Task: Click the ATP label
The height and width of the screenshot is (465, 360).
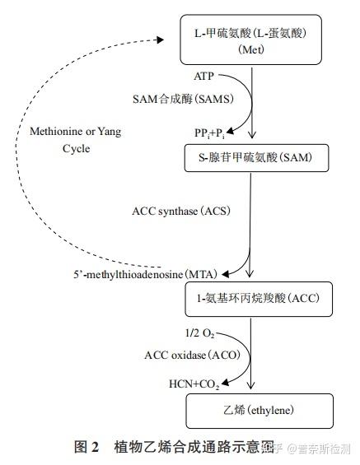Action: [204, 77]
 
